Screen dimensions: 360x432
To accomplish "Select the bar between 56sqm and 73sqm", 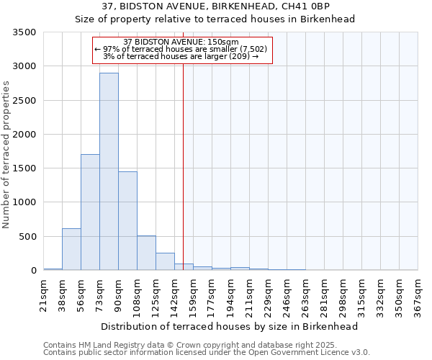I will [90, 212].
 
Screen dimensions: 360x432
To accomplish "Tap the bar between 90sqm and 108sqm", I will [127, 220].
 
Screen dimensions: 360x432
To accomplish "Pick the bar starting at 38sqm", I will [71, 249].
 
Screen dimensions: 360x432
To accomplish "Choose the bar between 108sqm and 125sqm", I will [146, 253].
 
